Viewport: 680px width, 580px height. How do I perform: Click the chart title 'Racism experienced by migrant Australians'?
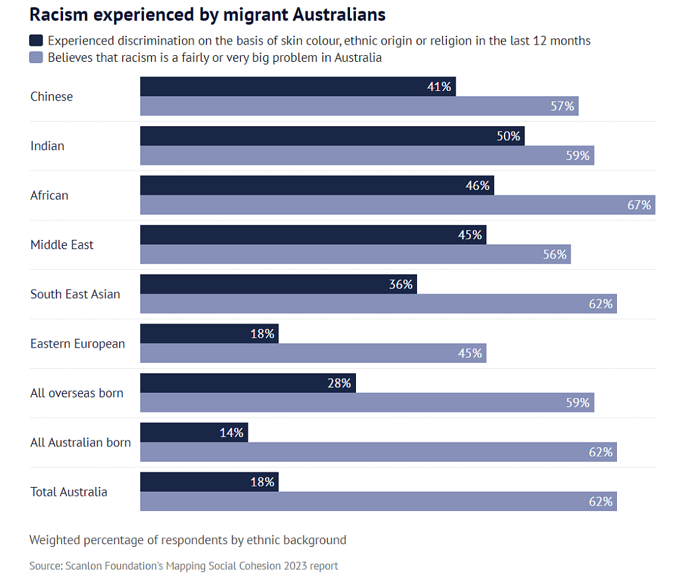208,15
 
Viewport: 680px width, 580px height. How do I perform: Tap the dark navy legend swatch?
37,40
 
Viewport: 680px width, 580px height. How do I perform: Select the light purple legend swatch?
37,57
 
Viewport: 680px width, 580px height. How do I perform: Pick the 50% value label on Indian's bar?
509,136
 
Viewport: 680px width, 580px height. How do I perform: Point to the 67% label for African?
639,205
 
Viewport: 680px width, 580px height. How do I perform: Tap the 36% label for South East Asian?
401,284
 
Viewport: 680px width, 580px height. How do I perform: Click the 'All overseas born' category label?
77,393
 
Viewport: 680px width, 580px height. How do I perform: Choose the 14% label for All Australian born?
232,433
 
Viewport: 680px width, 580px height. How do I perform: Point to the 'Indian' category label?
47,145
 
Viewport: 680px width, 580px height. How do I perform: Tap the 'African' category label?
49,195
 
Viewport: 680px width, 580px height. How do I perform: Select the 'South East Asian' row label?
75,294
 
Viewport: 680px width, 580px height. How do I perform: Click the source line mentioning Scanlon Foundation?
183,566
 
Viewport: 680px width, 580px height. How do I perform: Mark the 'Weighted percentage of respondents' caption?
188,539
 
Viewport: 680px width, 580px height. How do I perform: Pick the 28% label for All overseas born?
339,383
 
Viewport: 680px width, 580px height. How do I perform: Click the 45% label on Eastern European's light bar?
469,353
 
